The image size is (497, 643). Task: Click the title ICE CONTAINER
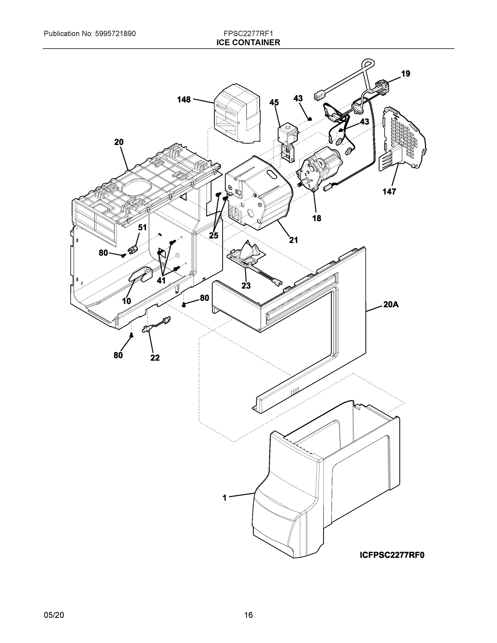(x=248, y=43)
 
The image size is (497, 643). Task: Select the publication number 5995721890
(x=115, y=33)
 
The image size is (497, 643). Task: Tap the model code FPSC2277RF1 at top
(x=248, y=33)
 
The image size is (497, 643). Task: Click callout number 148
(x=184, y=100)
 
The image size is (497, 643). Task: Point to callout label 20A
(x=391, y=304)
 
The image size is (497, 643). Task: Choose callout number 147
(x=389, y=192)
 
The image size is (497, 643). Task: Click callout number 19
(x=405, y=74)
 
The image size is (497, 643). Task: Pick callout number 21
(x=293, y=240)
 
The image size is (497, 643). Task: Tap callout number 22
(x=155, y=358)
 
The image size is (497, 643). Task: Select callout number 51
(x=142, y=227)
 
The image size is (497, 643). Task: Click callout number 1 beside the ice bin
(x=225, y=498)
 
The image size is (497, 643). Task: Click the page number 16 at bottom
(x=248, y=615)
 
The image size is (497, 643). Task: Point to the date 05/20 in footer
(x=54, y=615)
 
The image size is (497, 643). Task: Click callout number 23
(x=246, y=285)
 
